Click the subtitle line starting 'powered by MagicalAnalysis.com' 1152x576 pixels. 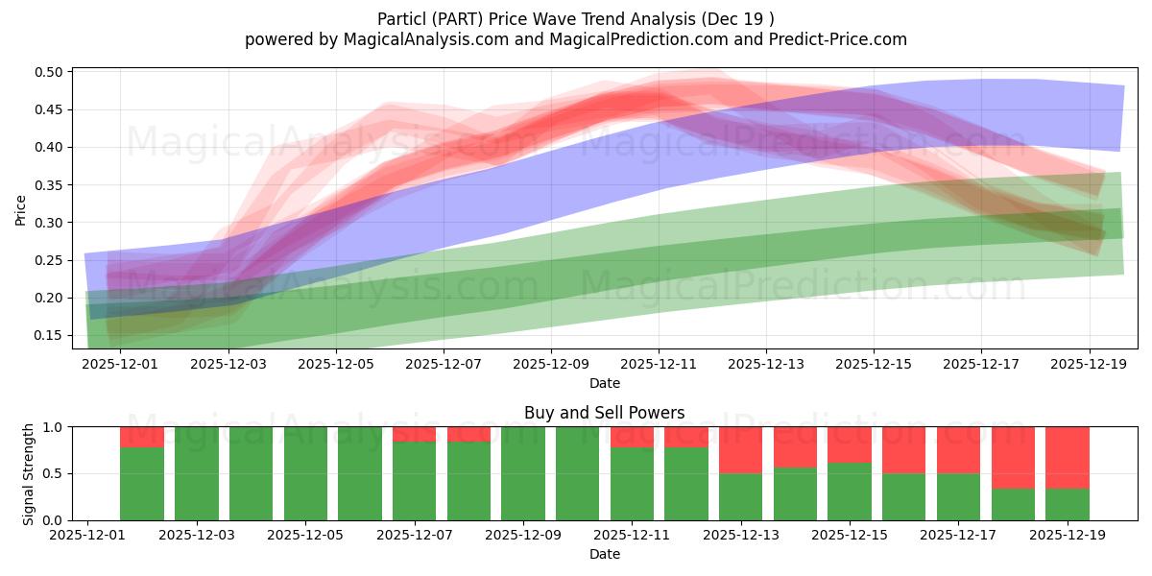pyautogui.click(x=575, y=39)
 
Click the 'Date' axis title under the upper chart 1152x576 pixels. pyautogui.click(x=604, y=383)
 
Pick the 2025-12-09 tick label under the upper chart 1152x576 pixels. pyautogui.click(x=551, y=364)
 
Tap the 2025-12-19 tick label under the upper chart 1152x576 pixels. pyautogui.click(x=1089, y=364)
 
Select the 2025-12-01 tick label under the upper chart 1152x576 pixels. pyautogui.click(x=121, y=364)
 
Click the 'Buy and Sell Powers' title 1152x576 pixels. pyautogui.click(x=604, y=413)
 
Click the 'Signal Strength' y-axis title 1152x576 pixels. pyautogui.click(x=28, y=473)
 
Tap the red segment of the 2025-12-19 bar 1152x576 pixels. pyautogui.click(x=1068, y=458)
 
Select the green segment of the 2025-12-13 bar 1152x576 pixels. pyautogui.click(x=740, y=496)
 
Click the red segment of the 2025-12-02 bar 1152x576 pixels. pyautogui.click(x=142, y=437)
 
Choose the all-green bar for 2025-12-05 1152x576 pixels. pyautogui.click(x=305, y=473)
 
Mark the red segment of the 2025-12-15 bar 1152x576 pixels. pyautogui.click(x=850, y=444)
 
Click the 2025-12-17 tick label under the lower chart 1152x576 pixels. pyautogui.click(x=959, y=536)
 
